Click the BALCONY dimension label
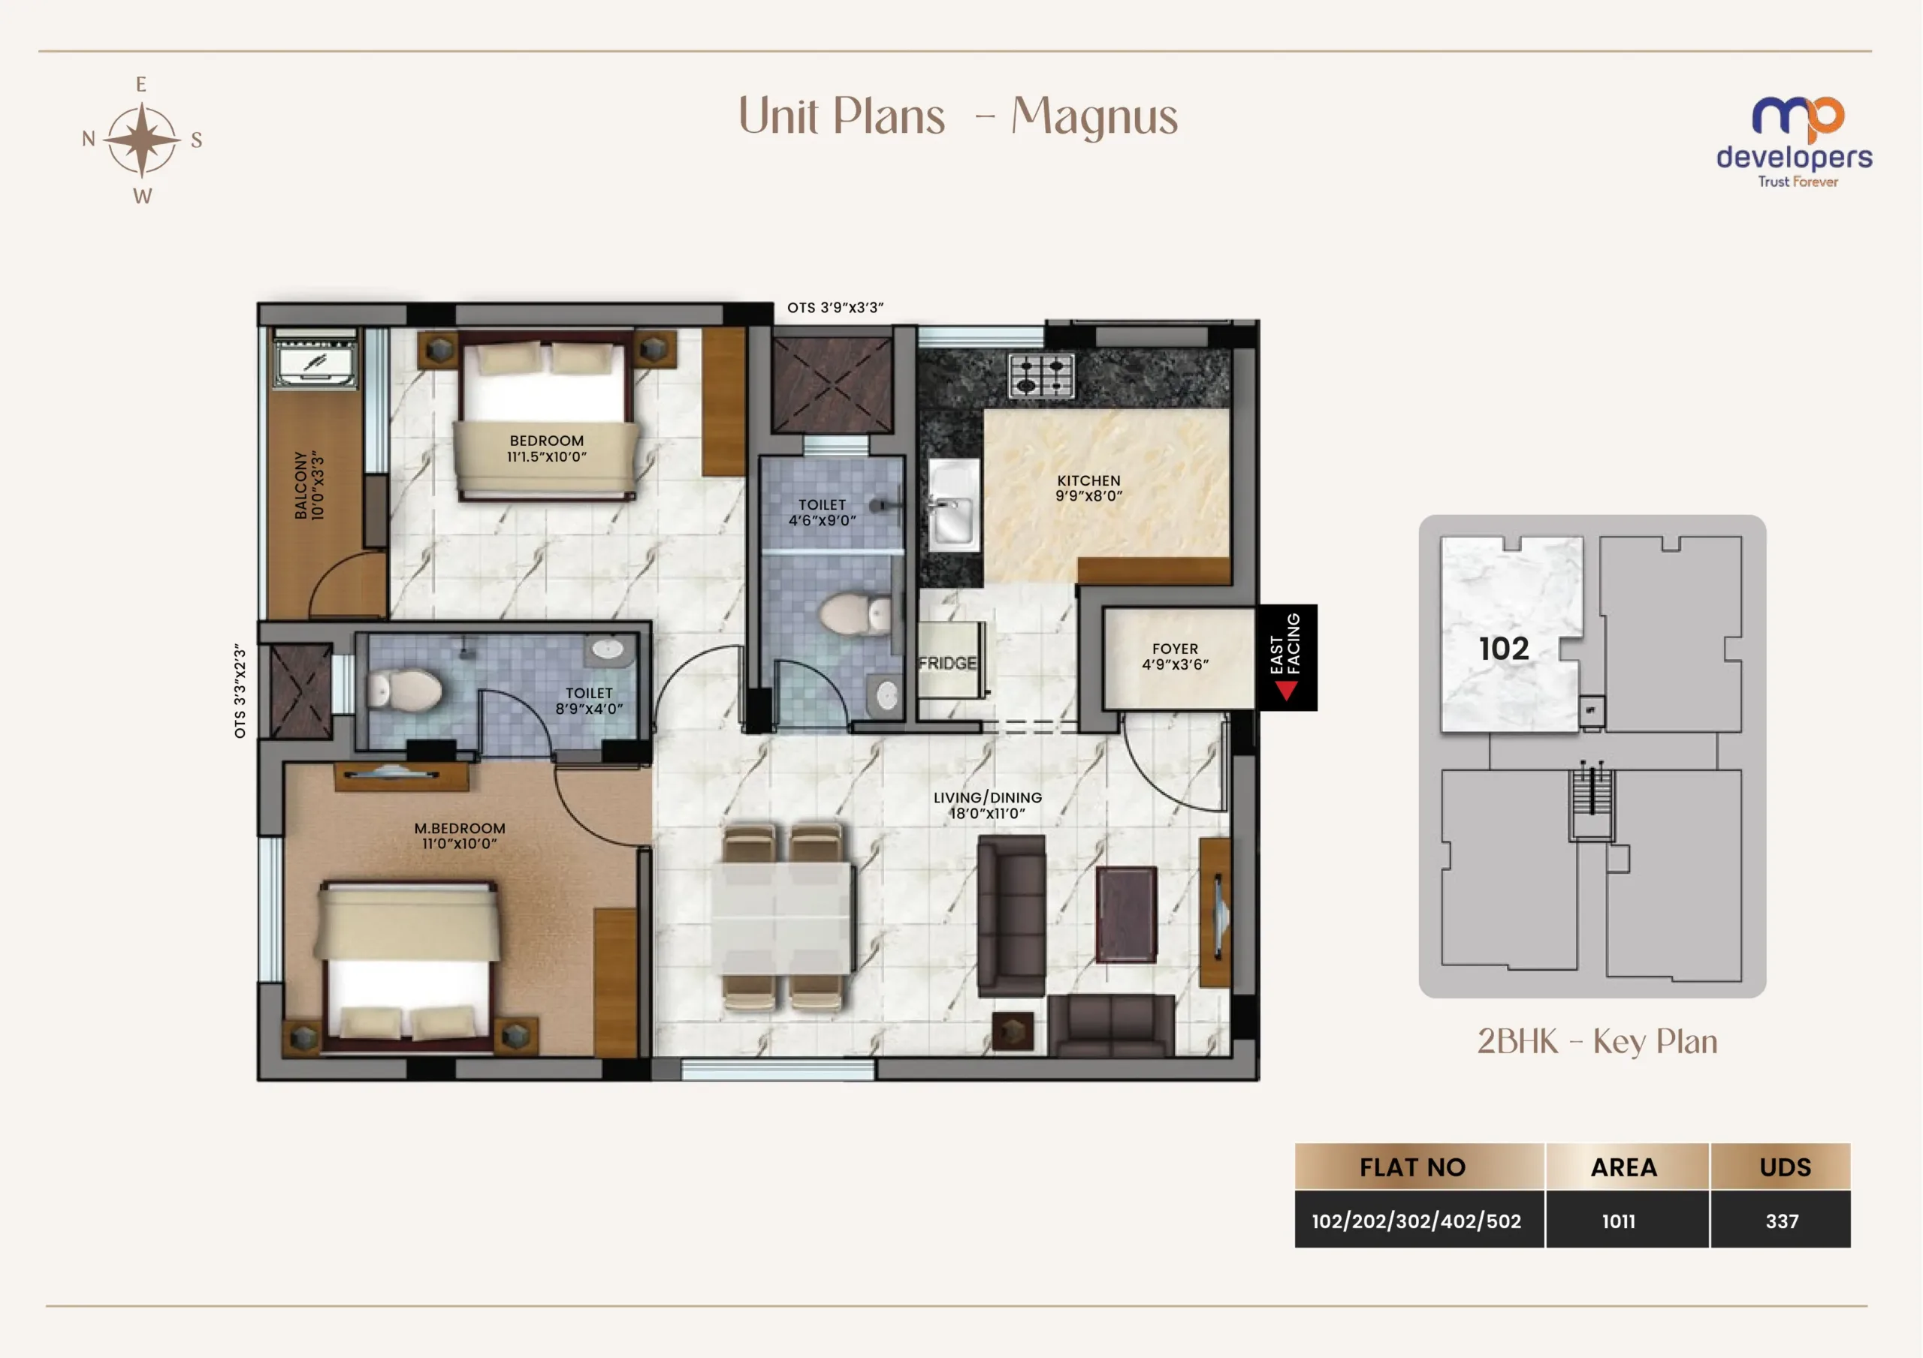309,486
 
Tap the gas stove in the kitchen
1041,375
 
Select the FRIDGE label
947,663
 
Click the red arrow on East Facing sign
1287,690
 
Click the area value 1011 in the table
1618,1221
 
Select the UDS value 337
1782,1221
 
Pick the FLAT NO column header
1412,1167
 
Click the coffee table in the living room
1127,914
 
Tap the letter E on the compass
140,85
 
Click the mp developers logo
1794,143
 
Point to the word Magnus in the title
1094,116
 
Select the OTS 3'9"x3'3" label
835,307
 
